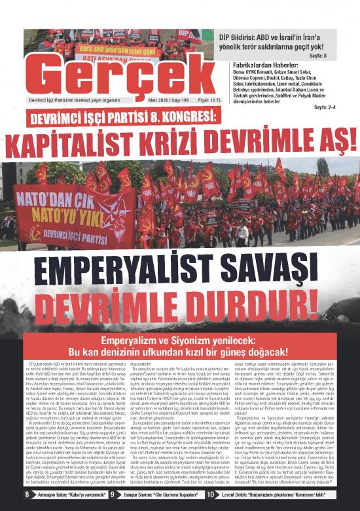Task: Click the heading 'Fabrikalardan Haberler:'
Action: pos(265,65)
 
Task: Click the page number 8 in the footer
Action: pos(27,495)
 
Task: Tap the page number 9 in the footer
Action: pos(111,495)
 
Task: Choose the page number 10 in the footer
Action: pos(209,495)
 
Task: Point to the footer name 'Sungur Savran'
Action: pos(137,495)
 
